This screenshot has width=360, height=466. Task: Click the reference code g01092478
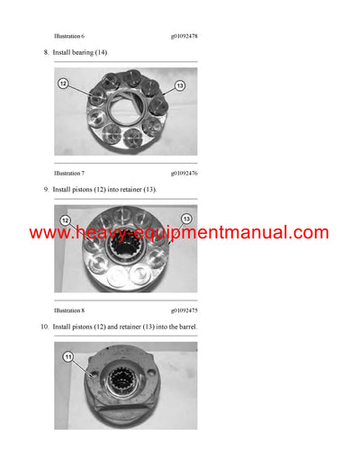pos(184,36)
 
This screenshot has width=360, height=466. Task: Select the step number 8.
pos(46,53)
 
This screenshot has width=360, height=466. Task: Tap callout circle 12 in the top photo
pos(64,83)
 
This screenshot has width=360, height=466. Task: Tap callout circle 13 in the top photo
pos(179,85)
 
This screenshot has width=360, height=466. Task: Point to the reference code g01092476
pos(184,172)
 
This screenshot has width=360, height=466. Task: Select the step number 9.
pos(46,190)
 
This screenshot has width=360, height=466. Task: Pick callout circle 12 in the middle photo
pos(65,220)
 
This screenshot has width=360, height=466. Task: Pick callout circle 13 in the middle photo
pos(186,219)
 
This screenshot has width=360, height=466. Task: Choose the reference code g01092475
pos(184,309)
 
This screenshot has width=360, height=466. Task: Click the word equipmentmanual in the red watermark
pos(227,233)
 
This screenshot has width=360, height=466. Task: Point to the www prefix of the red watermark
pos(50,233)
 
